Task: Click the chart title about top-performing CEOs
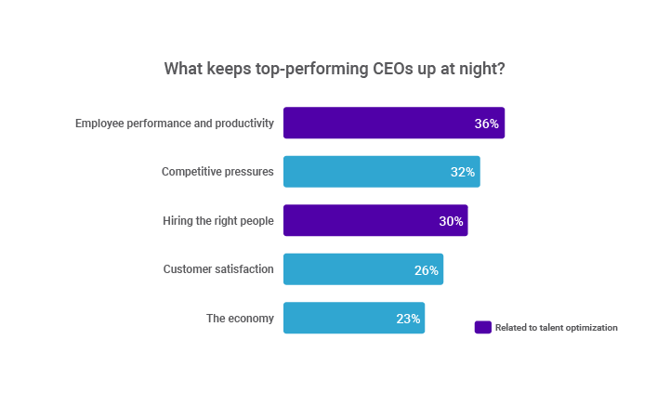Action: (335, 69)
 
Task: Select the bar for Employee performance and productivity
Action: (394, 123)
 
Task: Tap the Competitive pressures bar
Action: (382, 172)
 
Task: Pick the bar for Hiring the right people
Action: (375, 220)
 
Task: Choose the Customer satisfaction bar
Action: (363, 269)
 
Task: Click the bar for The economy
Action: (354, 318)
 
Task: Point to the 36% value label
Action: (487, 124)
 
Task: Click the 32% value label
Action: (463, 172)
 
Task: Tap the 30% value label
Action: (452, 221)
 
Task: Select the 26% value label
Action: (427, 270)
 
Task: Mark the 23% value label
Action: (408, 319)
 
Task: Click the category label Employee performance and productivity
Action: (175, 124)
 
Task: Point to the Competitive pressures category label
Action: (217, 172)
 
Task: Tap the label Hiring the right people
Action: (218, 221)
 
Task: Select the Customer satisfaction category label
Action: (218, 269)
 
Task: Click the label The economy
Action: (240, 319)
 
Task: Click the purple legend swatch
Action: (483, 327)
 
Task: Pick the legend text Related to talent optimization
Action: (557, 328)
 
